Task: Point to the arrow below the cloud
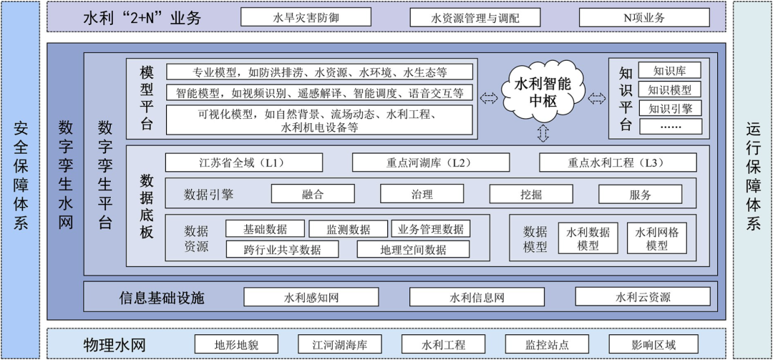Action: pyautogui.click(x=543, y=132)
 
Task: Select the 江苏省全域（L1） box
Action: pyautogui.click(x=243, y=162)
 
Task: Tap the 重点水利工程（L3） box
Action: pyautogui.click(x=617, y=162)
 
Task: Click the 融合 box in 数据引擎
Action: pyautogui.click(x=313, y=194)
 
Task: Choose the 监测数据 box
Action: pyautogui.click(x=349, y=229)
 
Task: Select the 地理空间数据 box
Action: pyautogui.click(x=413, y=249)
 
